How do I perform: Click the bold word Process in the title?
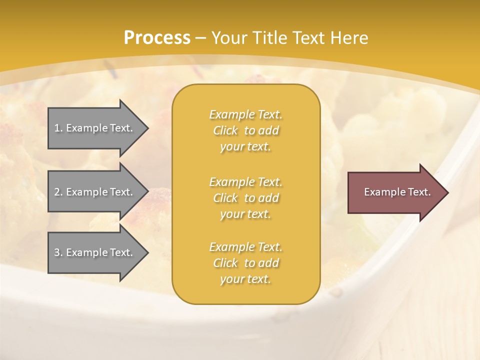coord(157,38)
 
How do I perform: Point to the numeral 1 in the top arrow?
coord(57,128)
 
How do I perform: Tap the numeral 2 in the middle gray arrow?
coord(57,192)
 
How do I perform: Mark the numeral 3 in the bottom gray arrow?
coord(57,252)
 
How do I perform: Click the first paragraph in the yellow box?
coord(245,130)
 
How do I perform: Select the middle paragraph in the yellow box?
coord(245,198)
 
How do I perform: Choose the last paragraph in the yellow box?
coord(245,263)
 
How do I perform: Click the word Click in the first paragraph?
coord(225,130)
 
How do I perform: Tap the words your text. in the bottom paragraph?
coord(245,279)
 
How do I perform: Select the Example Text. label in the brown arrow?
coord(397,192)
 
